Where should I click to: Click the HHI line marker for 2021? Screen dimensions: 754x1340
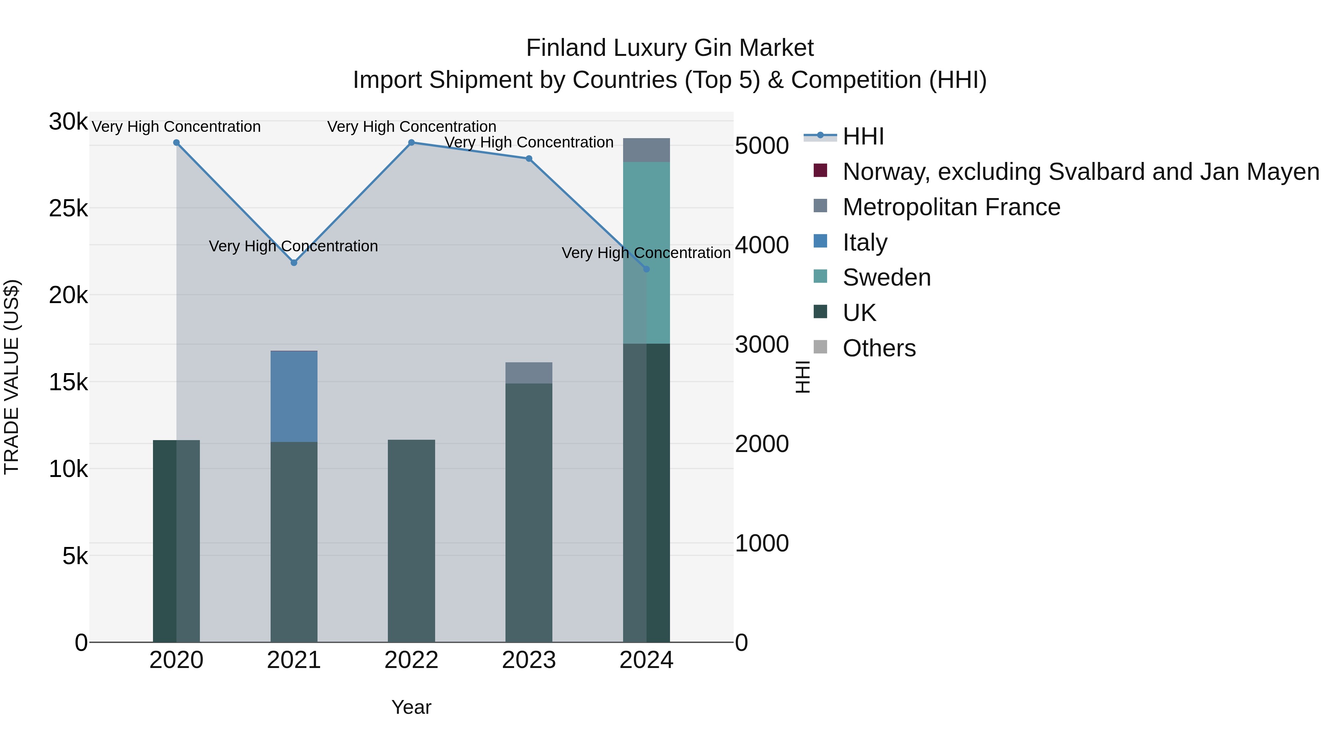[x=294, y=263]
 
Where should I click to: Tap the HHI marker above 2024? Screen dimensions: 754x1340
[x=646, y=269]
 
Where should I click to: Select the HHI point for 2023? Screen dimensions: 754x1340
[x=529, y=159]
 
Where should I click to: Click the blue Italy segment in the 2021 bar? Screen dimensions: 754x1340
[x=294, y=397]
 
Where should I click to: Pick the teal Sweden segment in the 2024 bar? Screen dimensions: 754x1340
[x=647, y=252]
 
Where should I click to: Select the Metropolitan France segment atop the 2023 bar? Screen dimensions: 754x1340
[x=529, y=373]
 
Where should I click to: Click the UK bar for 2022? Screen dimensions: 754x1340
[x=411, y=541]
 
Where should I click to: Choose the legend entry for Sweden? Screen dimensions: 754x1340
[x=886, y=277]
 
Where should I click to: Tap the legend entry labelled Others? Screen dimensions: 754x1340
[x=879, y=348]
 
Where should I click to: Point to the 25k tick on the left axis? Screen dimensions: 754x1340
[x=68, y=209]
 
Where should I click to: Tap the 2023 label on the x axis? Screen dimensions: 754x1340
[x=529, y=660]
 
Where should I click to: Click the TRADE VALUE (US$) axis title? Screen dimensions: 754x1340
[x=12, y=377]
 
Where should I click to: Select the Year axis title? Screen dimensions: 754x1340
[x=411, y=707]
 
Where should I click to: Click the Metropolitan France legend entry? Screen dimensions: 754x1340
[x=951, y=207]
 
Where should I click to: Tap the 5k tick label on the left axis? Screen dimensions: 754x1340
[x=75, y=556]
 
